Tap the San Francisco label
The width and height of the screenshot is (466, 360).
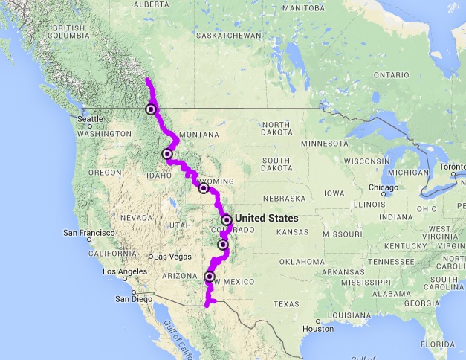click(90, 233)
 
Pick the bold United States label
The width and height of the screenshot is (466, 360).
click(266, 218)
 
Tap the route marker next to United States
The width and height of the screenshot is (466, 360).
click(226, 219)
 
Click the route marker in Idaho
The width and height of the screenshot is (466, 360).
click(167, 154)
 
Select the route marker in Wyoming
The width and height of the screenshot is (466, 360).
click(204, 188)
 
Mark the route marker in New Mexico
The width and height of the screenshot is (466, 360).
click(210, 277)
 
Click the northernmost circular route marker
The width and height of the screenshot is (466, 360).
click(151, 109)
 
